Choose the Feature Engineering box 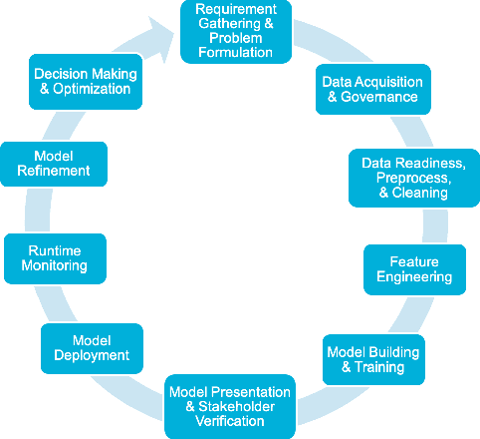(414, 268)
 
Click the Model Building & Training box (373, 359)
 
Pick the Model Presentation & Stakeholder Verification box (230, 406)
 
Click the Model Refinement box (55, 164)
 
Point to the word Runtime (54, 250)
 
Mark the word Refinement (55, 171)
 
